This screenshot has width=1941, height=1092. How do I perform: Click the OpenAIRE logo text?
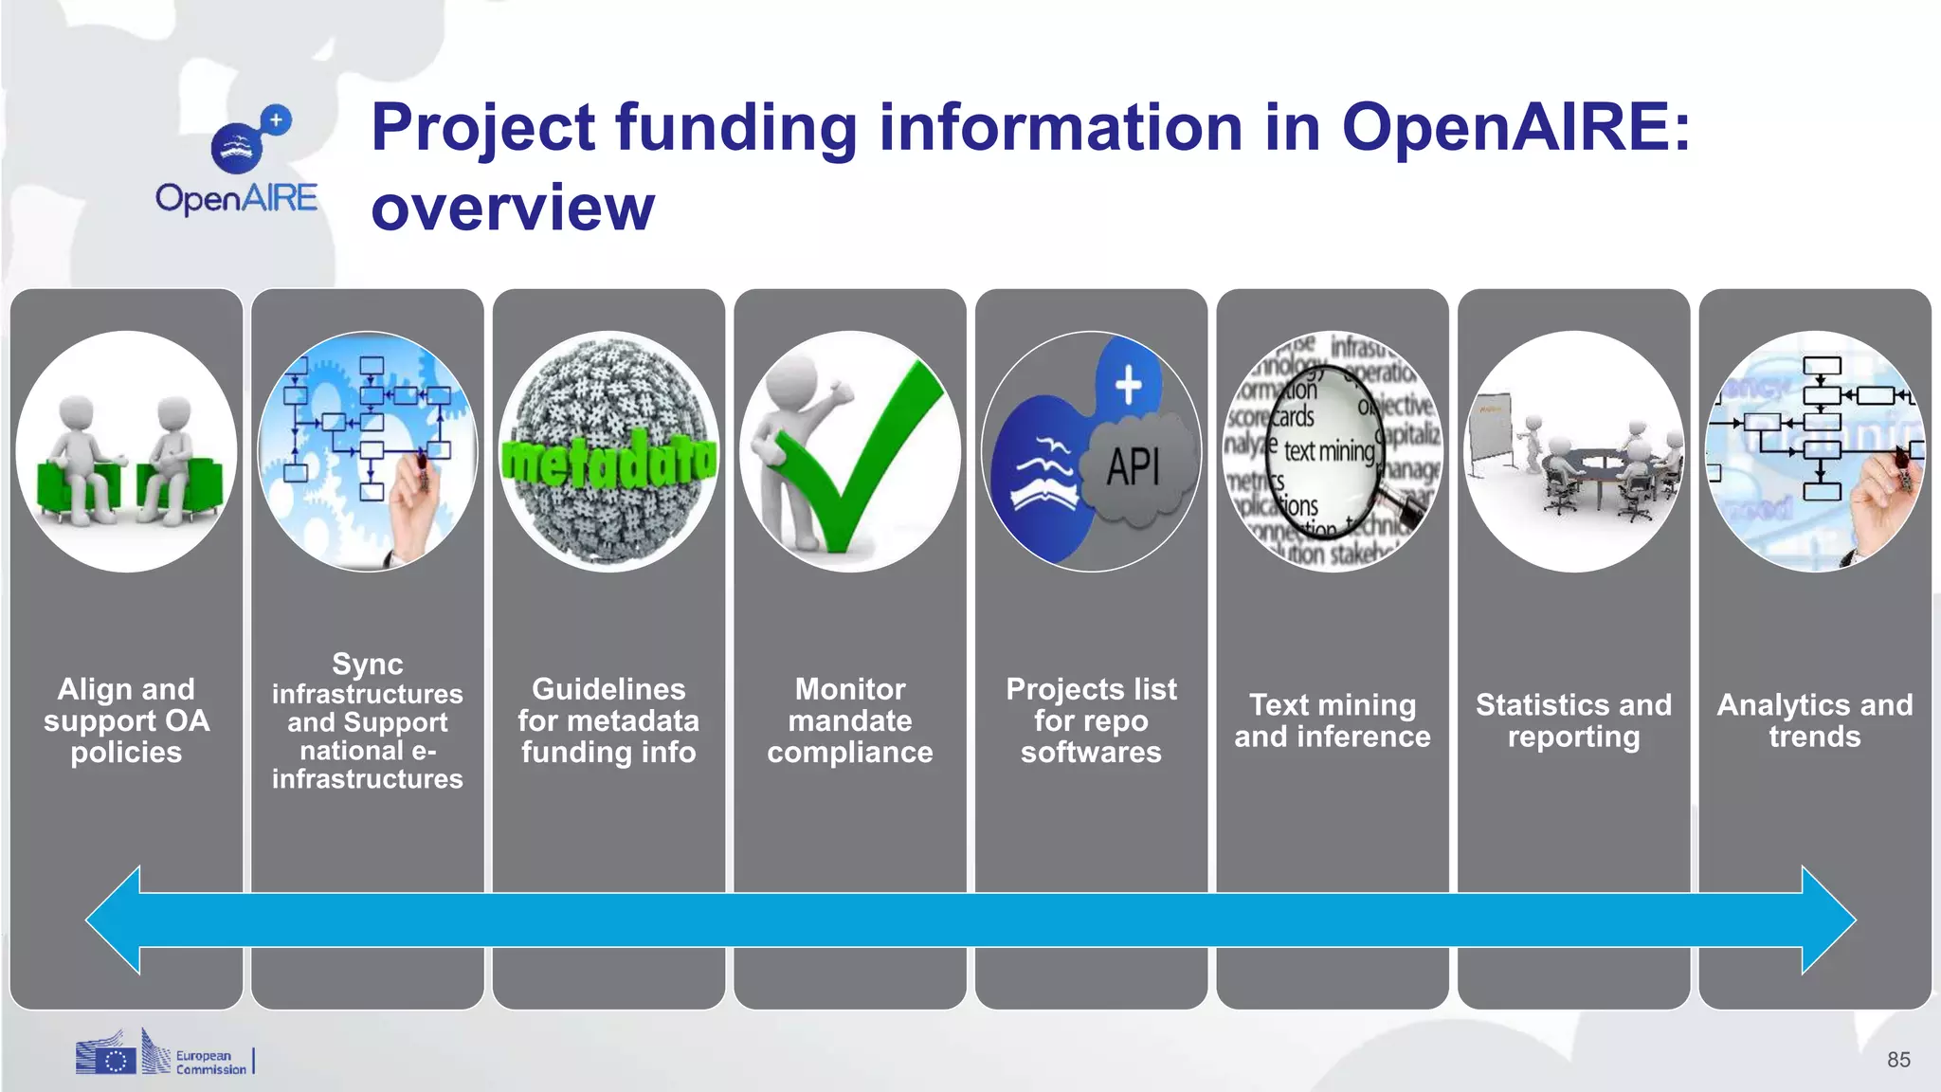236,198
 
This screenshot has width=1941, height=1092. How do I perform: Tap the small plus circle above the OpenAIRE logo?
276,120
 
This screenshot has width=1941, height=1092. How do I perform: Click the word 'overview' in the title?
513,208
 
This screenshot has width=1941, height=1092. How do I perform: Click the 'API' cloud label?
1134,466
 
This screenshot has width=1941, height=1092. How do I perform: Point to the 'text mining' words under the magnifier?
1329,451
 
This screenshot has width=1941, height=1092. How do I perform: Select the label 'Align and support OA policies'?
126,720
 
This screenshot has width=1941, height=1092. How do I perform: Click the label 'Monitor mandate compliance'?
850,720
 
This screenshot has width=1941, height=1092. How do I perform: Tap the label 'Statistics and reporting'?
1573,720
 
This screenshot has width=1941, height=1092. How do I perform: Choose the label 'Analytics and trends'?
1814,720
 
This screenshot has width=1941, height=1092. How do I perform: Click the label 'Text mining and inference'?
1332,720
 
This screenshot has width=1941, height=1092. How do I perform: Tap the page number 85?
1898,1060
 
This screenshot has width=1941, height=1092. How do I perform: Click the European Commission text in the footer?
210,1063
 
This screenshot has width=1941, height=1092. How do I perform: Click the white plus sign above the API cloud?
1128,385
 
